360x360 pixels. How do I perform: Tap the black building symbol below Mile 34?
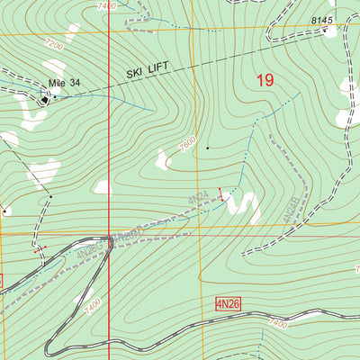pyautogui.click(x=44, y=99)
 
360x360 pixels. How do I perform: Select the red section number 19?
pyautogui.click(x=264, y=80)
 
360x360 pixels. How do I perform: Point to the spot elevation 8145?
pyautogui.click(x=322, y=20)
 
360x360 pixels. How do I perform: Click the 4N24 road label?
pyautogui.click(x=200, y=195)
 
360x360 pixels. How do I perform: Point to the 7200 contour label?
pyautogui.click(x=53, y=43)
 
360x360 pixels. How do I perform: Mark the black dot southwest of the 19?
pyautogui.click(x=208, y=146)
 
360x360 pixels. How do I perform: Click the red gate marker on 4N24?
pyautogui.click(x=220, y=192)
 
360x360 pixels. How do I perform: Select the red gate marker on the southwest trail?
pyautogui.click(x=38, y=251)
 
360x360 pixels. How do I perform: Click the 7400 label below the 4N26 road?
pyautogui.click(x=278, y=323)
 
